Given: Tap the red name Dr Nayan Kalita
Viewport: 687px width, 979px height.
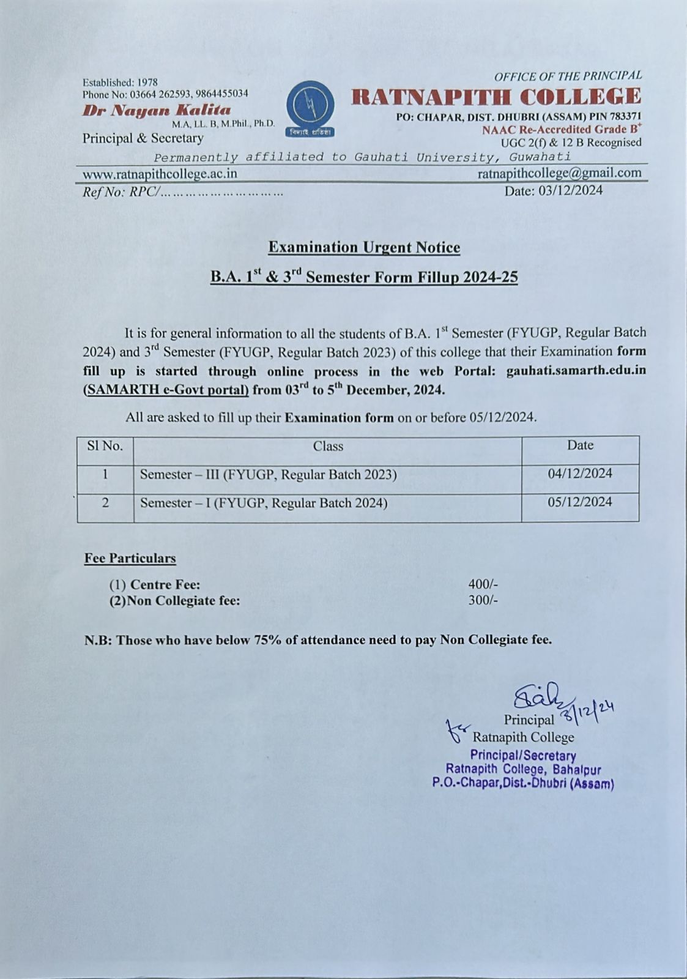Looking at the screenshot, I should pyautogui.click(x=157, y=111).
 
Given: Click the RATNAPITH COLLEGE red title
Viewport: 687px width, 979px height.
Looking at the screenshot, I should pyautogui.click(x=496, y=97).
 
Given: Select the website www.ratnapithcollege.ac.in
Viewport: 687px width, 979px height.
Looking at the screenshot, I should pyautogui.click(x=160, y=174).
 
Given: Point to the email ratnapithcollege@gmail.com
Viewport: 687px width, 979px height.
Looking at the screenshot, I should pyautogui.click(x=559, y=173).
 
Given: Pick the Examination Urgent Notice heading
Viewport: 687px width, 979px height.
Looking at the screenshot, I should pyautogui.click(x=364, y=247).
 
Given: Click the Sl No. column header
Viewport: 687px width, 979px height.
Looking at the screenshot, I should pyautogui.click(x=105, y=446).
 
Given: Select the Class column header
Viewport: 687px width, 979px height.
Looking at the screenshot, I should pyautogui.click(x=328, y=446).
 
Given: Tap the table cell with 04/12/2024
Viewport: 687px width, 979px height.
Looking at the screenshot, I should pyautogui.click(x=580, y=473).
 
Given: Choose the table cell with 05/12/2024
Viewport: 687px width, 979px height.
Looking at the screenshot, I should pyautogui.click(x=580, y=502).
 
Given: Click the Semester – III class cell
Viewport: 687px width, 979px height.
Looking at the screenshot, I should pyautogui.click(x=268, y=475).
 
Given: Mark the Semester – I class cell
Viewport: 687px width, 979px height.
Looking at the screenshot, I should pyautogui.click(x=264, y=503).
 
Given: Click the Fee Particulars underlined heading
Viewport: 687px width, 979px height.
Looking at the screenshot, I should pyautogui.click(x=130, y=558).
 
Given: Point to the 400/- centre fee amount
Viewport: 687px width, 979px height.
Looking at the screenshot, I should pyautogui.click(x=483, y=584).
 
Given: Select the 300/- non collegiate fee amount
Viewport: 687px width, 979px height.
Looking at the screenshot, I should pyautogui.click(x=483, y=600).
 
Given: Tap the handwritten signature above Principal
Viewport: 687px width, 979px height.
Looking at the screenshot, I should pyautogui.click(x=530, y=698).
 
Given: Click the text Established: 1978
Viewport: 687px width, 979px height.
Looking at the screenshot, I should pyautogui.click(x=120, y=82).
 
